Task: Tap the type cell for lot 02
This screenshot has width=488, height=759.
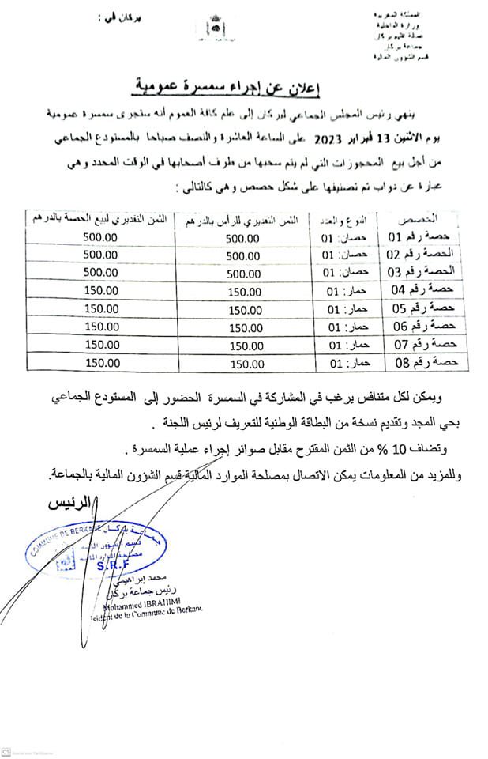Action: pos(340,255)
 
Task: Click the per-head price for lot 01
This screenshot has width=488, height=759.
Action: pos(242,238)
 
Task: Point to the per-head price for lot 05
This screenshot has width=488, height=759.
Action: pos(243,309)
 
